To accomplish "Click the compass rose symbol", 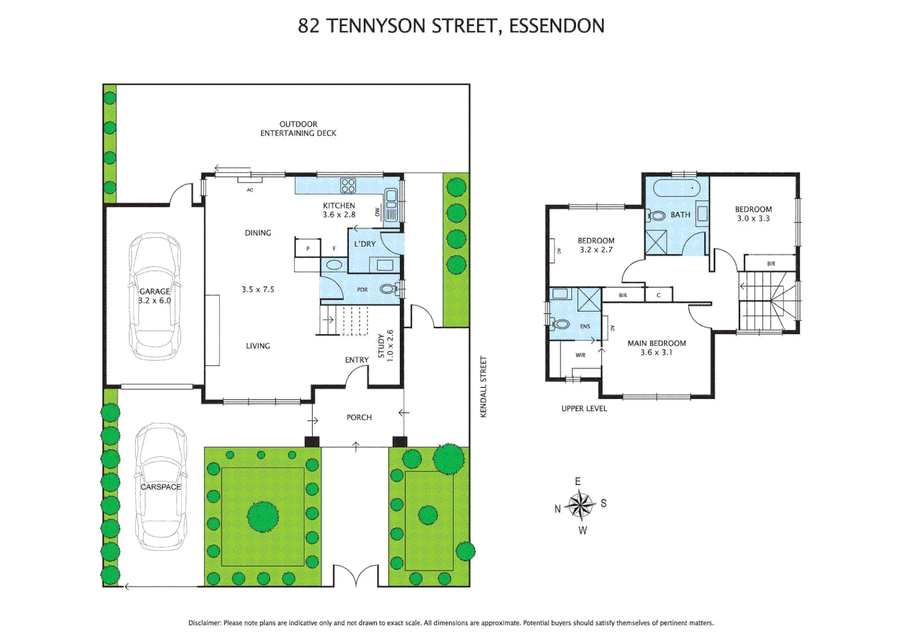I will [580, 505].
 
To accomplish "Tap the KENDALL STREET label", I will [483, 387].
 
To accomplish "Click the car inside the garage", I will [155, 296].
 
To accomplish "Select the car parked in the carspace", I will [161, 487].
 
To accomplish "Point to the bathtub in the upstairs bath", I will [676, 189].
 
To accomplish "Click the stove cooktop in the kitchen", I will [348, 186].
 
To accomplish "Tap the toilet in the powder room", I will [388, 289].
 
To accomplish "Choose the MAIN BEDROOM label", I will [656, 343].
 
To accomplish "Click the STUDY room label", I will [381, 346].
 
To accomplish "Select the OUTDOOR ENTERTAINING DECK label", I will [298, 129].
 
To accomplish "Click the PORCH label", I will [359, 418].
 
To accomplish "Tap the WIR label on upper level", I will [580, 355].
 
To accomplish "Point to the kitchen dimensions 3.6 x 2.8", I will [339, 215].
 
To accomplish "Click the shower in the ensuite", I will [589, 299].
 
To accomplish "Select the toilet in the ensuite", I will [560, 324].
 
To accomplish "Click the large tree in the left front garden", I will [263, 517].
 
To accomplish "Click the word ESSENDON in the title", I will [556, 26].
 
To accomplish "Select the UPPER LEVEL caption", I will [584, 408].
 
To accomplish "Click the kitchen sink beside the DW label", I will [390, 204].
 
